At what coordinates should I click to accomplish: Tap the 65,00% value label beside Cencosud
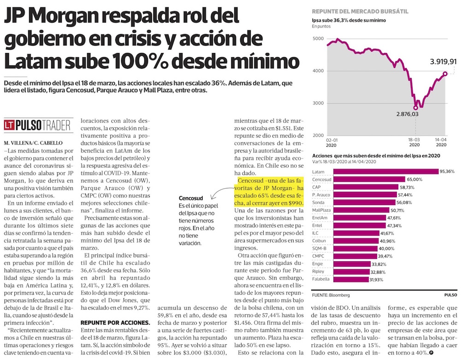(412, 179)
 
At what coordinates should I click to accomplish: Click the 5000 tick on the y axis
(318, 39)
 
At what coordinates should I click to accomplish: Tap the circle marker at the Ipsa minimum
(416, 107)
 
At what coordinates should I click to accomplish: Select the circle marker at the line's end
(445, 73)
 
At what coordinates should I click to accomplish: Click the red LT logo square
(9, 125)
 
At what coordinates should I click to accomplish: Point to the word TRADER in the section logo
(58, 125)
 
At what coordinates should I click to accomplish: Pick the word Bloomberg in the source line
(338, 295)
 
